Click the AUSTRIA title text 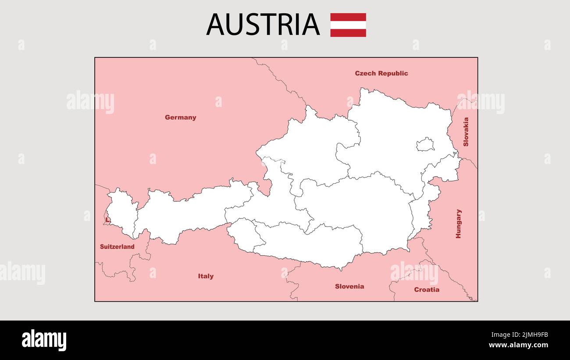click(263, 25)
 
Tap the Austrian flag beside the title click(348, 25)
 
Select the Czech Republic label click(381, 73)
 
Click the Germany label click(180, 118)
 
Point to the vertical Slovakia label click(466, 132)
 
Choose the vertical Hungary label click(458, 224)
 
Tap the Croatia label click(426, 289)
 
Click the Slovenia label click(349, 286)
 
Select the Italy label click(206, 276)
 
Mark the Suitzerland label click(117, 247)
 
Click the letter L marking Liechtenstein click(107, 220)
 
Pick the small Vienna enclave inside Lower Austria click(425, 144)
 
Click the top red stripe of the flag click(348, 17)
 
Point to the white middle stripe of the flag click(348, 25)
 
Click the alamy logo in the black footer click(44, 340)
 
